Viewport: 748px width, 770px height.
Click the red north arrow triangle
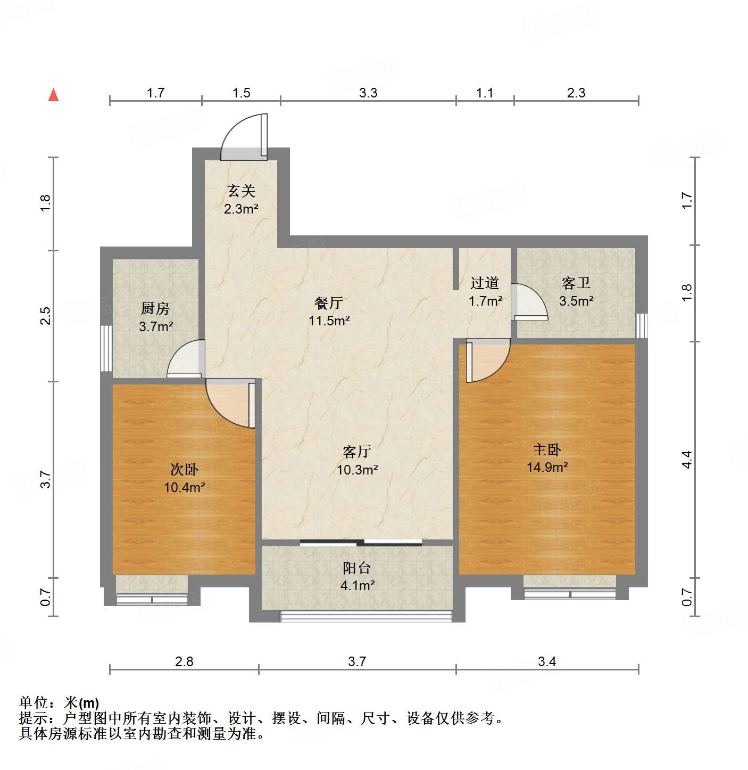pos(53,95)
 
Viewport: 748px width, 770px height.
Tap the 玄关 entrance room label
pos(242,191)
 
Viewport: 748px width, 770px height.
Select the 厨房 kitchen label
pos(155,308)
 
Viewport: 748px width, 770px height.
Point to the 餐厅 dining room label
pos(329,303)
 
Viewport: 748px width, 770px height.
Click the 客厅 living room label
pos(357,452)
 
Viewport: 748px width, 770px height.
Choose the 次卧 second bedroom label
pos(184,469)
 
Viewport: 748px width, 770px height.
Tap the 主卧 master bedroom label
pos(547,450)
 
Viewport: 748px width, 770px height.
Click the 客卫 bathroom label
pos(576,283)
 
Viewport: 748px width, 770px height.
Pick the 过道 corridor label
pos(485,283)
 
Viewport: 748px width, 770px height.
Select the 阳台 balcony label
pos(357,568)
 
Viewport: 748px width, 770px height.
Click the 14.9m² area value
pos(547,468)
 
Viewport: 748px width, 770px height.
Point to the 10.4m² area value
pos(184,487)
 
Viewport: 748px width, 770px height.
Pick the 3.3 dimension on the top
pos(368,93)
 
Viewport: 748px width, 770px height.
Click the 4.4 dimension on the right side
pos(687,459)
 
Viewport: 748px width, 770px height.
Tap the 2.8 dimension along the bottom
pos(184,661)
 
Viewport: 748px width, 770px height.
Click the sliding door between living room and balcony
pos(361,543)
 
